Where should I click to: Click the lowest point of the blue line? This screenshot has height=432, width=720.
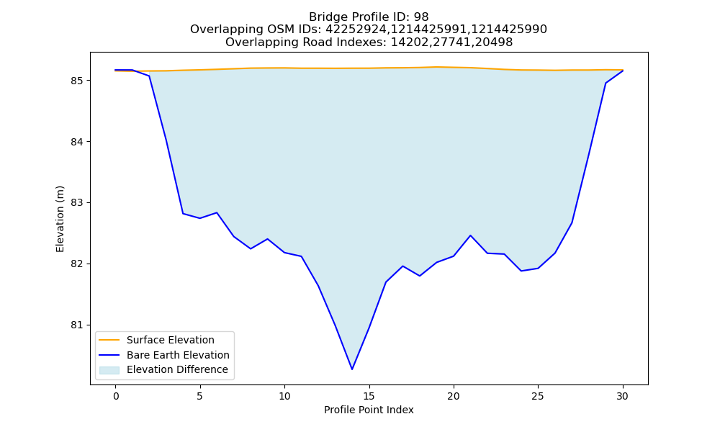(352, 369)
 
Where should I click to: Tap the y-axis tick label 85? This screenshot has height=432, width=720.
(77, 81)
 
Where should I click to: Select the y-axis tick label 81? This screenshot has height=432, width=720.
(77, 325)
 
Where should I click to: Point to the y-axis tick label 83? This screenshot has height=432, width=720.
(77, 203)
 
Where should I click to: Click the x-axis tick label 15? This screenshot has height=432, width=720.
(369, 396)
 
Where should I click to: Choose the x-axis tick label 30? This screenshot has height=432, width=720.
(623, 396)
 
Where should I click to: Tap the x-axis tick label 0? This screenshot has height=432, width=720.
(116, 396)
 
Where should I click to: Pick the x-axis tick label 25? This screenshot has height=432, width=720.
(538, 396)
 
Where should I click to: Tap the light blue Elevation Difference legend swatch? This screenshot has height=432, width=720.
(109, 370)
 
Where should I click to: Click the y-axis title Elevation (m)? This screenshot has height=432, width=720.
(60, 219)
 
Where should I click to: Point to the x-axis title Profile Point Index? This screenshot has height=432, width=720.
(369, 410)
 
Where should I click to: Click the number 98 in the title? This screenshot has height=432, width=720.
(421, 17)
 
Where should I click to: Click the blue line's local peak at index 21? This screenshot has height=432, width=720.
(470, 235)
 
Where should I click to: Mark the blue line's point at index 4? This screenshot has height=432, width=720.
(183, 213)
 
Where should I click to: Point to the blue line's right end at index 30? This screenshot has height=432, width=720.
(623, 71)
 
